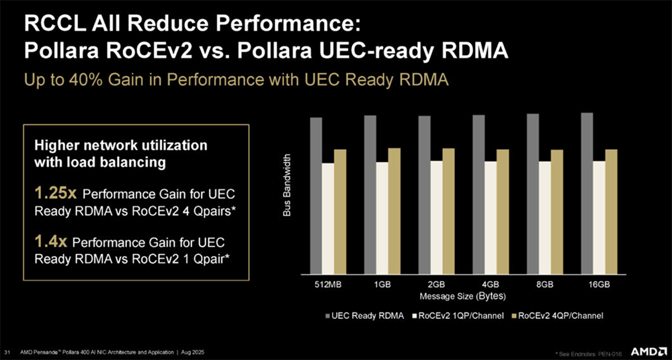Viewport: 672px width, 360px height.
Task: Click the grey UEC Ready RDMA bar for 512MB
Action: pyautogui.click(x=316, y=195)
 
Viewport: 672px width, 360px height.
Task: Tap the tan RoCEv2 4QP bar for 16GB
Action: pyautogui.click(x=611, y=211)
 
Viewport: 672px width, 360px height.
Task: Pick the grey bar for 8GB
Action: pyautogui.click(x=532, y=193)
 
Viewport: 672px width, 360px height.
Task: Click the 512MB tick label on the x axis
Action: pyautogui.click(x=328, y=285)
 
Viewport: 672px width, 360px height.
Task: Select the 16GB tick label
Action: pyautogui.click(x=598, y=285)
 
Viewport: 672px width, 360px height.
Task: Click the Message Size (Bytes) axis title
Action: pyautogui.click(x=462, y=296)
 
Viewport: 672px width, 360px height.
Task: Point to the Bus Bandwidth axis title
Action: pyautogui.click(x=287, y=185)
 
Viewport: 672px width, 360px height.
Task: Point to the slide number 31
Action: pyautogui.click(x=7, y=351)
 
